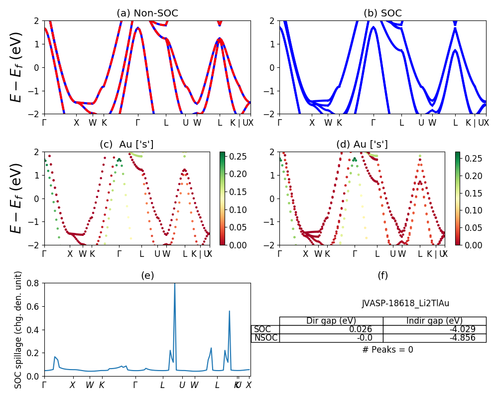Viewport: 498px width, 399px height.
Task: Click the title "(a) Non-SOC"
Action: (147, 13)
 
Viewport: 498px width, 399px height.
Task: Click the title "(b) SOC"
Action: (382, 13)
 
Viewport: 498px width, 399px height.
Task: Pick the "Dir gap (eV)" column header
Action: (331, 321)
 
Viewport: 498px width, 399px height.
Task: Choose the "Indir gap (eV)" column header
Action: (434, 321)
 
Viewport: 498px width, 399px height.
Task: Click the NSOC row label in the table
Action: (265, 338)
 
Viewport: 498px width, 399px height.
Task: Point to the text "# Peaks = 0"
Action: (387, 350)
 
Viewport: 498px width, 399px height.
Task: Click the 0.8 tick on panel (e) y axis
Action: (35, 283)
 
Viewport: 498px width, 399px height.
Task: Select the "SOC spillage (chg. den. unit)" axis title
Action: (18, 329)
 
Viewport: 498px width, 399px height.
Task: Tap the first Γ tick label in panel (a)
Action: (44, 123)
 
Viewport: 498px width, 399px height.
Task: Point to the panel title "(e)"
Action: (147, 275)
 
